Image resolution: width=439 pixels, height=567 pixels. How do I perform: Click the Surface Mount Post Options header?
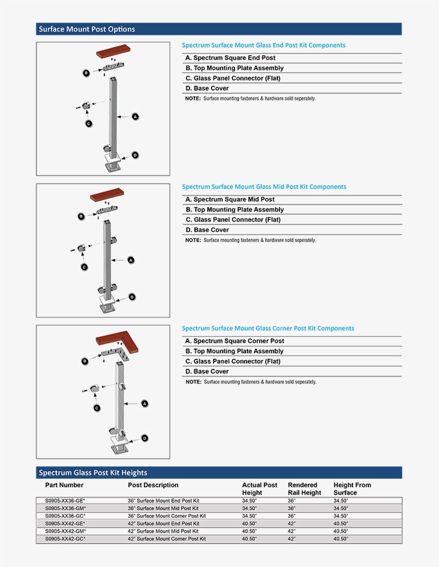tap(87, 29)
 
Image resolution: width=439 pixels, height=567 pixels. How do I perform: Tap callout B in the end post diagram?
tap(86, 73)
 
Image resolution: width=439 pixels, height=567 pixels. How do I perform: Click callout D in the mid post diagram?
tap(132, 297)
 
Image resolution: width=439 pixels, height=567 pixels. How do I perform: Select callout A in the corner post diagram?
tap(145, 403)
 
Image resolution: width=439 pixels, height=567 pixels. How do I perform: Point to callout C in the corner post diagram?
tap(97, 408)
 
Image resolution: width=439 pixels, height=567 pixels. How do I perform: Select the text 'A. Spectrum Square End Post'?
tap(230, 58)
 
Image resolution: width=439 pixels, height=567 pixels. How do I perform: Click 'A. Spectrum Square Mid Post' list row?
tap(230, 199)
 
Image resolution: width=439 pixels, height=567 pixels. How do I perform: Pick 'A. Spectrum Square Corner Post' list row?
tap(234, 341)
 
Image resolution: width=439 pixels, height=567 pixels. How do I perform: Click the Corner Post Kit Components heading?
tap(268, 328)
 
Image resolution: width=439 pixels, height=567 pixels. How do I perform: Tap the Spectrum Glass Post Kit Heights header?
tap(93, 473)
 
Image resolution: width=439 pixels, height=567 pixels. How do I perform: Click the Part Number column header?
tap(64, 485)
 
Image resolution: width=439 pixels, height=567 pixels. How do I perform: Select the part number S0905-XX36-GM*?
tap(65, 508)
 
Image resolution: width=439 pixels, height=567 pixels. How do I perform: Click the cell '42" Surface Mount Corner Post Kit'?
tap(166, 539)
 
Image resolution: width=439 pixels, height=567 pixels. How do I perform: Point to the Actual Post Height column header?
tap(260, 489)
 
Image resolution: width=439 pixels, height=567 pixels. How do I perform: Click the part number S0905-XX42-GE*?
tap(65, 524)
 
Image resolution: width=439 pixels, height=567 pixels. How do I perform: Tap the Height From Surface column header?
tap(352, 489)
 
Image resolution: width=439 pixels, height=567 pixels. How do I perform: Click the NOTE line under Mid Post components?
tap(251, 240)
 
